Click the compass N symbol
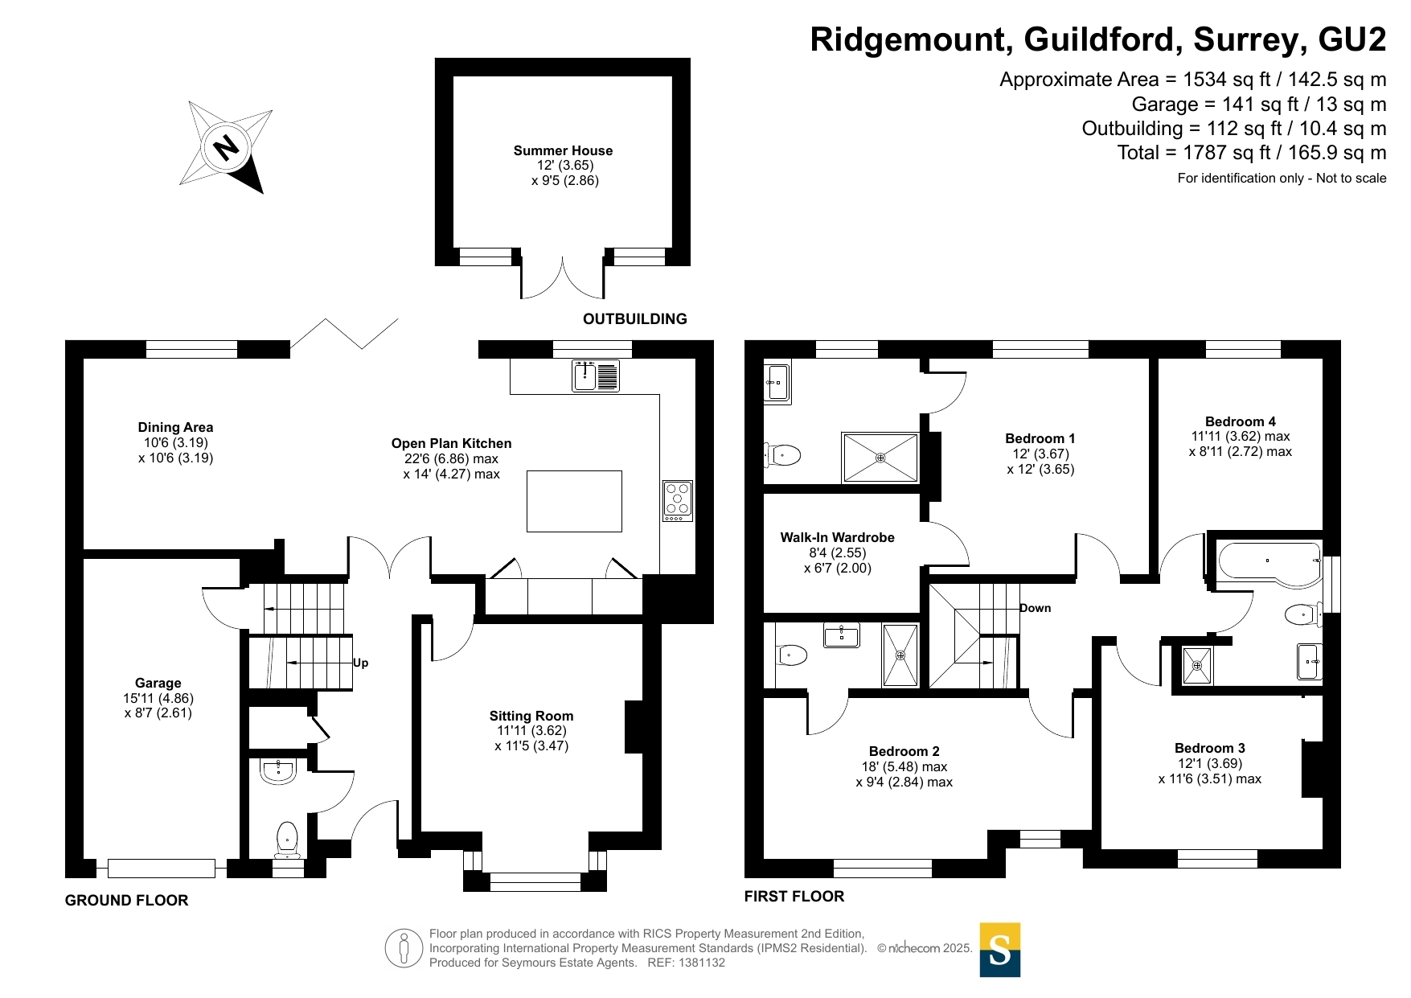coord(226,147)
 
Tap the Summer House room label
coord(563,151)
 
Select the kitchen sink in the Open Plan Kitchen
coord(595,376)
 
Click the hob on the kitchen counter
coord(678,499)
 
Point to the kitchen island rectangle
coord(574,501)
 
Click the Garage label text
coord(158,683)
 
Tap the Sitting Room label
coord(531,716)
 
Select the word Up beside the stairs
coord(360,663)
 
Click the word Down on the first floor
coord(1036,608)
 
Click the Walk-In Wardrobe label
coord(837,537)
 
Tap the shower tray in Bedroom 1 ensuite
coord(880,458)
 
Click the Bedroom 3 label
coord(1209,748)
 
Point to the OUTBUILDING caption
coord(634,319)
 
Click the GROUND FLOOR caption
coord(126,901)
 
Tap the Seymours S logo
coord(999,950)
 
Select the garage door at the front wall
coord(161,869)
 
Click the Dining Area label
coord(175,428)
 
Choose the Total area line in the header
coord(1251,153)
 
